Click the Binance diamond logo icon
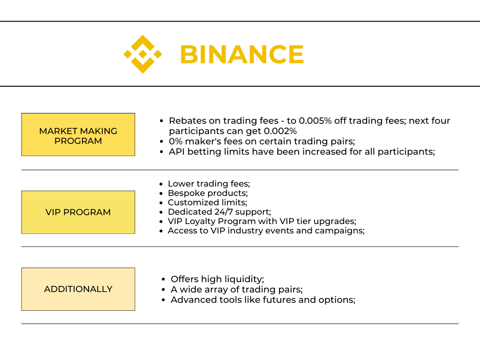[142, 54]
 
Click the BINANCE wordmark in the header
[242, 54]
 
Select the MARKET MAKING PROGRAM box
[78, 135]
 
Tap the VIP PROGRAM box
[78, 212]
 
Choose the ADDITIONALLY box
[78, 289]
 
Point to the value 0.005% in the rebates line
[315, 120]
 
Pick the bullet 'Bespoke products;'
[208, 193]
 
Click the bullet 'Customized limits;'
[207, 202]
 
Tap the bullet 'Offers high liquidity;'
[217, 279]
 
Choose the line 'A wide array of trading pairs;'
[236, 289]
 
